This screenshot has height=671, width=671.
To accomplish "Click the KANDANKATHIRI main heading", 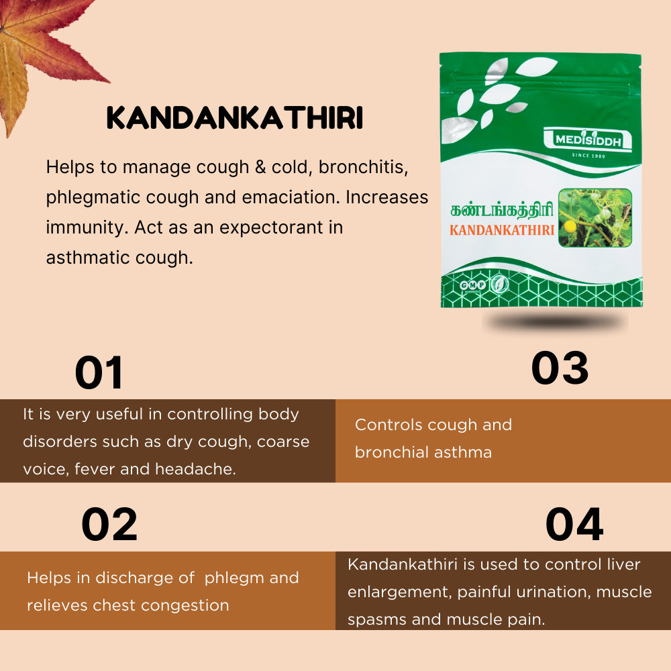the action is pyautogui.click(x=234, y=117).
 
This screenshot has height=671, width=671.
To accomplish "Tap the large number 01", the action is pyautogui.click(x=99, y=372).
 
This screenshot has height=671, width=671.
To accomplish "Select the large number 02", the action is pyautogui.click(x=109, y=525).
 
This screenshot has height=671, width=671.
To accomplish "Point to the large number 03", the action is pyautogui.click(x=560, y=368).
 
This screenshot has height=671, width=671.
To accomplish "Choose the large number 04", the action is pyautogui.click(x=574, y=524).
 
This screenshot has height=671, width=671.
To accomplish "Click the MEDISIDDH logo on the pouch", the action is pyautogui.click(x=588, y=140).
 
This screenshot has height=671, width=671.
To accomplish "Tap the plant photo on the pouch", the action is pyautogui.click(x=595, y=218).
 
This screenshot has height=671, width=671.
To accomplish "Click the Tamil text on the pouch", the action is pyautogui.click(x=502, y=210).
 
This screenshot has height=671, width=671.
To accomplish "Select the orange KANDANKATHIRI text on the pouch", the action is pyautogui.click(x=502, y=230).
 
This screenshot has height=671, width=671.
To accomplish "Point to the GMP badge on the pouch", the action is pyautogui.click(x=472, y=285).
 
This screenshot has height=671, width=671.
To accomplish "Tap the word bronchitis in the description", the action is pyautogui.click(x=363, y=167).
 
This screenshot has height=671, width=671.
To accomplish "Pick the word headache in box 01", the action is pyautogui.click(x=195, y=469).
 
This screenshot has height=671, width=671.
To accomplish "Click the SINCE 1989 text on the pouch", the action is pyautogui.click(x=588, y=156).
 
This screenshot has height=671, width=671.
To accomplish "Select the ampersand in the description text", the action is pyautogui.click(x=260, y=167).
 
